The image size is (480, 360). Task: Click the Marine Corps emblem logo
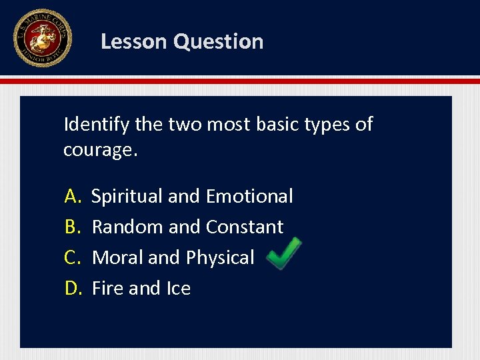tap(42, 38)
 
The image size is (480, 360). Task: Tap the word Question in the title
tap(218, 41)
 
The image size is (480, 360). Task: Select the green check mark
tap(283, 254)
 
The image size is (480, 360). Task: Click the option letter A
tap(72, 196)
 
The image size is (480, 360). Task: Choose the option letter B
tap(71, 227)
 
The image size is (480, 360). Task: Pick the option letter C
tap(71, 257)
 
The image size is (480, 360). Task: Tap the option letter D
tap(72, 288)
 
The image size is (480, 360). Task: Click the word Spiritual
tap(127, 196)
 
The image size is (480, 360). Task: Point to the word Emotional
tap(249, 196)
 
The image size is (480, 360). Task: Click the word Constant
tap(245, 227)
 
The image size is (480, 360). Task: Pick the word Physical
tap(220, 257)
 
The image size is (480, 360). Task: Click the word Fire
tap(107, 288)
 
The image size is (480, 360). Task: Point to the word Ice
tap(179, 288)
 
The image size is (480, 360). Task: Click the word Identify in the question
tap(97, 125)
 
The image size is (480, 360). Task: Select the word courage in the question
tap(98, 149)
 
